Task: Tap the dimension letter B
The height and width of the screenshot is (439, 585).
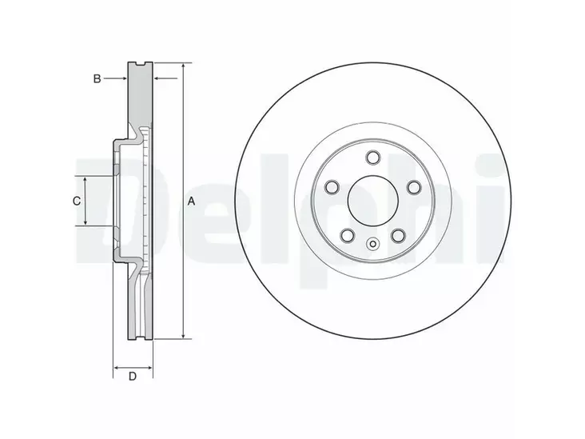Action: [96, 78]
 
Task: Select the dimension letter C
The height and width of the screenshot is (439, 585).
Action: [77, 201]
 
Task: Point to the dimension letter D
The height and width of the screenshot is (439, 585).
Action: [133, 376]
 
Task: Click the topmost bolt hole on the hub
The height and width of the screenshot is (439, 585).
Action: [373, 158]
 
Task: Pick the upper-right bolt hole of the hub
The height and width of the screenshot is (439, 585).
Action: [414, 186]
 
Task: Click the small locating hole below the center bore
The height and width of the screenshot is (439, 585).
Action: [373, 245]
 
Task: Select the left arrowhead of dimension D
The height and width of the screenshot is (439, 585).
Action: [115, 368]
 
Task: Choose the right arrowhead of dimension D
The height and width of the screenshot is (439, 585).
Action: [151, 368]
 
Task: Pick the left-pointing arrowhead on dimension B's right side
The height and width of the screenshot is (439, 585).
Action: [157, 78]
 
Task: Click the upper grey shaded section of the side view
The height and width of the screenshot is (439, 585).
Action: [141, 96]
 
